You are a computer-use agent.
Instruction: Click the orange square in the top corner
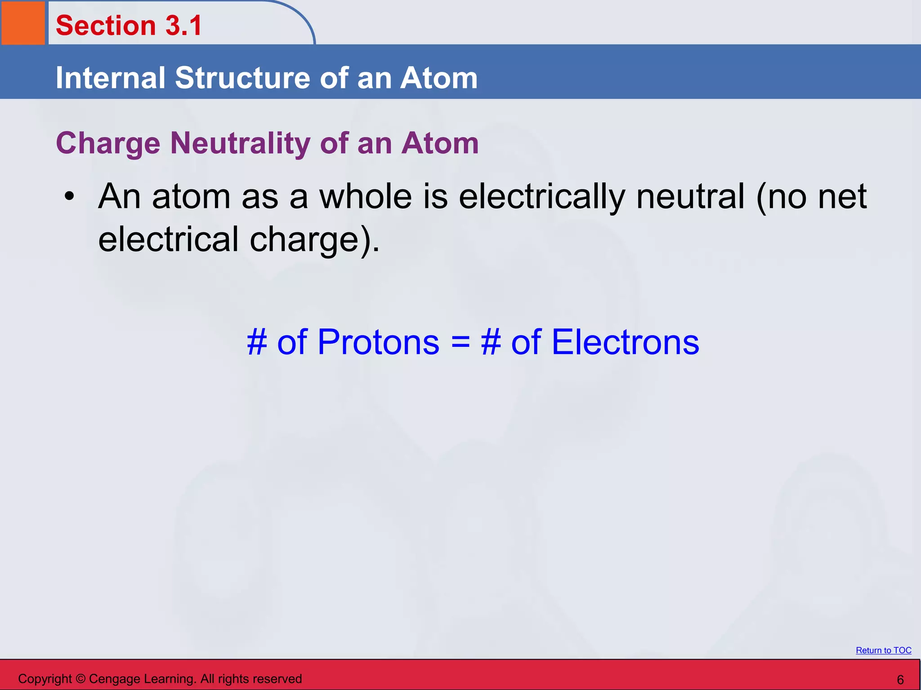click(23, 22)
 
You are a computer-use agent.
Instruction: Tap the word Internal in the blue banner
click(111, 78)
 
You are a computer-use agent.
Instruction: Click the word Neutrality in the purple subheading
click(241, 143)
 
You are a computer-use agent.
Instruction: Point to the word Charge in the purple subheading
click(108, 144)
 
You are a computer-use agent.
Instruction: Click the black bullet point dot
click(69, 196)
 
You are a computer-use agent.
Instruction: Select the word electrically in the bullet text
click(541, 197)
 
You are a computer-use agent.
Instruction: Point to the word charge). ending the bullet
click(314, 240)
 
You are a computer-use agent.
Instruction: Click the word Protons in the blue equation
click(378, 342)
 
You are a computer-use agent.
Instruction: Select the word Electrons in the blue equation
click(625, 342)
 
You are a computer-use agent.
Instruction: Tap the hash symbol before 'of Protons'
click(257, 342)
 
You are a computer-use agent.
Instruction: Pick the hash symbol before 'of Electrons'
click(491, 342)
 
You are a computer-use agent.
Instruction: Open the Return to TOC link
click(883, 650)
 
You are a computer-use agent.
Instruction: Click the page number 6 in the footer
click(900, 680)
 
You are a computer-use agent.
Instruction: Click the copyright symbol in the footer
click(80, 679)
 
